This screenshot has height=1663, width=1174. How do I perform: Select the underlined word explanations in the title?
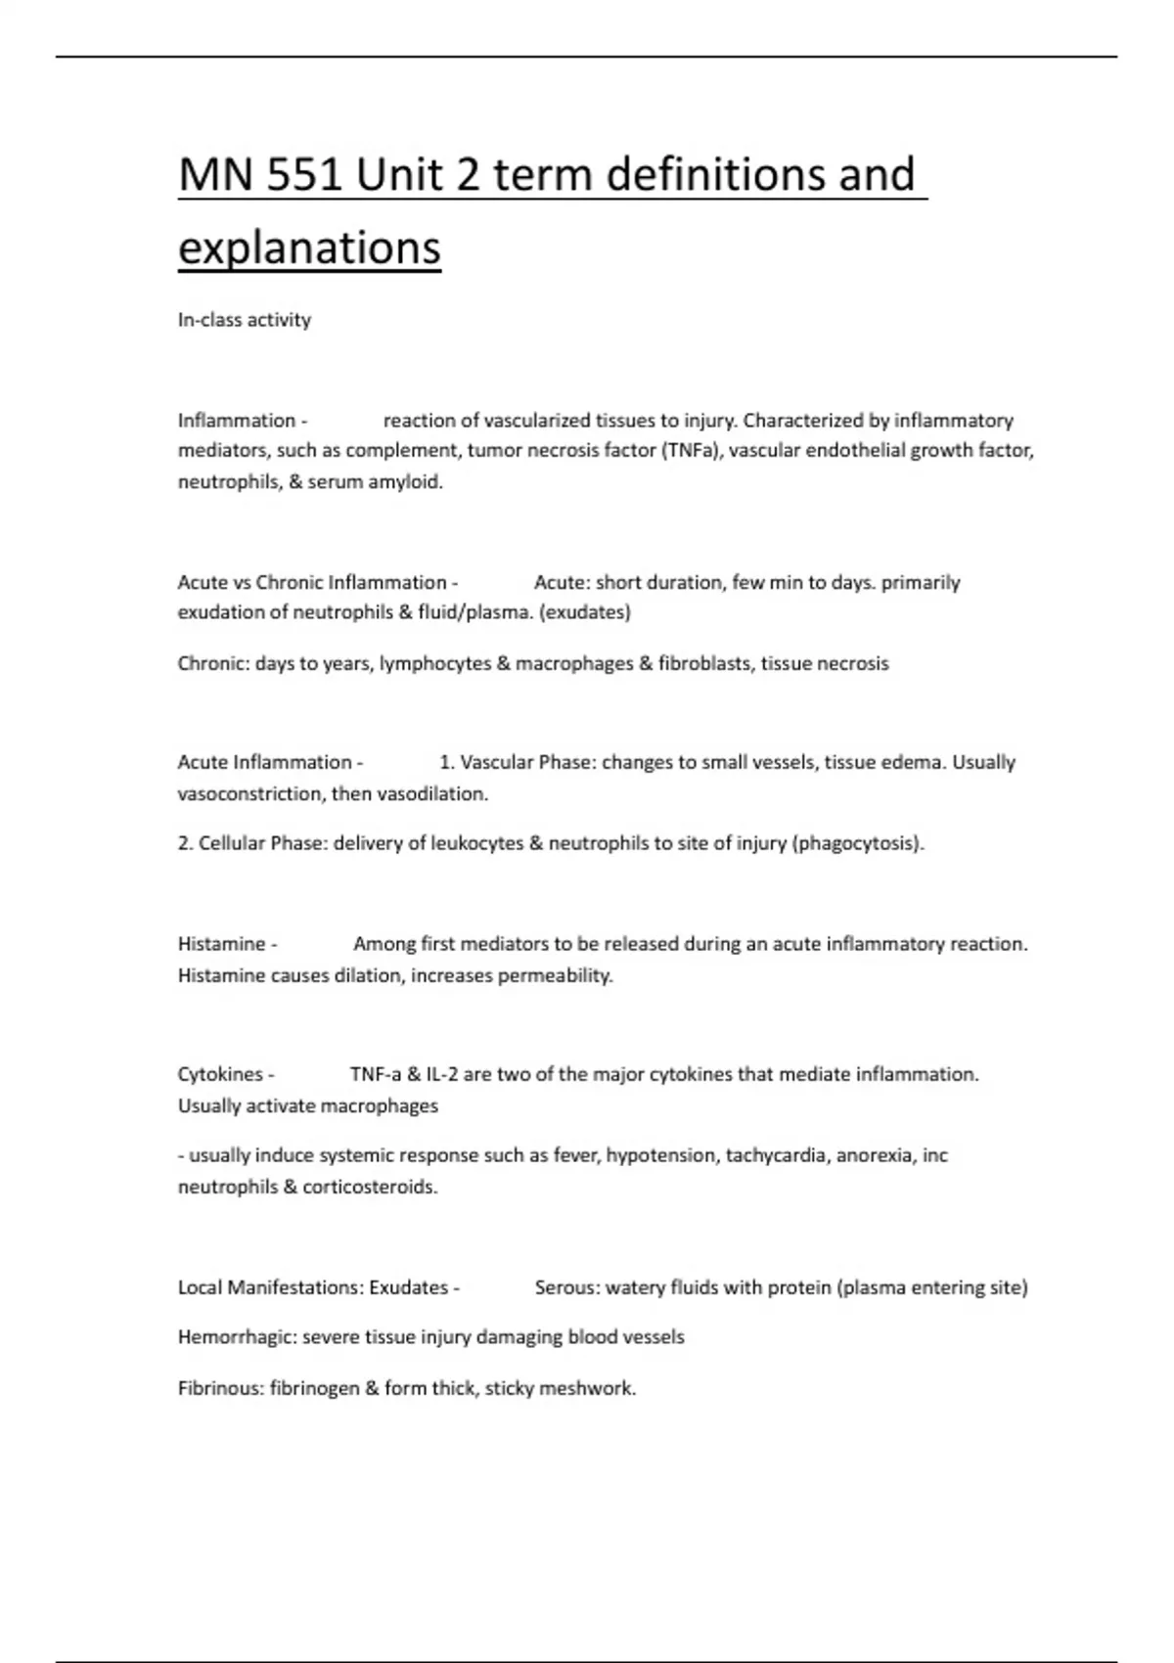pyautogui.click(x=309, y=247)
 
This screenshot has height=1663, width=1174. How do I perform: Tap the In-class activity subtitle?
pyautogui.click(x=244, y=320)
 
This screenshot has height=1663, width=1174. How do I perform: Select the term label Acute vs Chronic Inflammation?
pyautogui.click(x=312, y=583)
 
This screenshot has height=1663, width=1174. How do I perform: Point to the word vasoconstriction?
pyautogui.click(x=250, y=794)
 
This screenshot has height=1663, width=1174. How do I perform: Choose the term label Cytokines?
pyautogui.click(x=220, y=1075)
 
